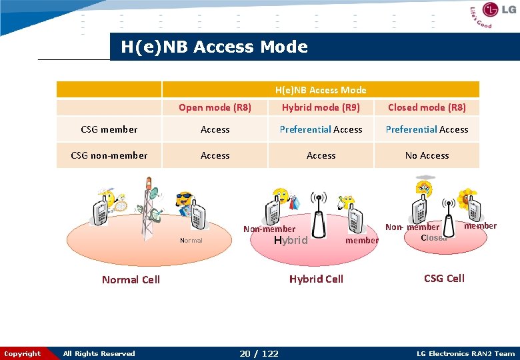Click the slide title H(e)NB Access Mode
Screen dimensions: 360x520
tap(214, 47)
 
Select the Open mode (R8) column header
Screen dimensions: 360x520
tap(215, 107)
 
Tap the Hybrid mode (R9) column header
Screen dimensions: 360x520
tap(321, 107)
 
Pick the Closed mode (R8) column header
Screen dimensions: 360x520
tap(427, 107)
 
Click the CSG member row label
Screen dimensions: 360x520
tap(109, 129)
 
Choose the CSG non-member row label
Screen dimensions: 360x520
tap(109, 155)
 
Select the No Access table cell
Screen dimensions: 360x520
tap(427, 155)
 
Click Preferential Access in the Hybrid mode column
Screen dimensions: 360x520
tap(321, 129)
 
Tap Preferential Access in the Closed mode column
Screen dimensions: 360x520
tap(427, 129)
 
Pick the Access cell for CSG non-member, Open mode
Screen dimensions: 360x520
tap(215, 155)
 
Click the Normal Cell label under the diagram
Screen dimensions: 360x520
tap(131, 280)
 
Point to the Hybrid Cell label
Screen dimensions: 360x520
tap(316, 279)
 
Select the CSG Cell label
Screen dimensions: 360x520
tap(444, 278)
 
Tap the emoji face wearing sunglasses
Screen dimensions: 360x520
tap(183, 199)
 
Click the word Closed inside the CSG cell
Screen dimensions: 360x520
tap(434, 238)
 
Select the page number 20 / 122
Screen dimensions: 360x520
tap(259, 353)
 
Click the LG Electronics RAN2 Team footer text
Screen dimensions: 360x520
tap(465, 353)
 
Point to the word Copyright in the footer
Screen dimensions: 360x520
tap(23, 353)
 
